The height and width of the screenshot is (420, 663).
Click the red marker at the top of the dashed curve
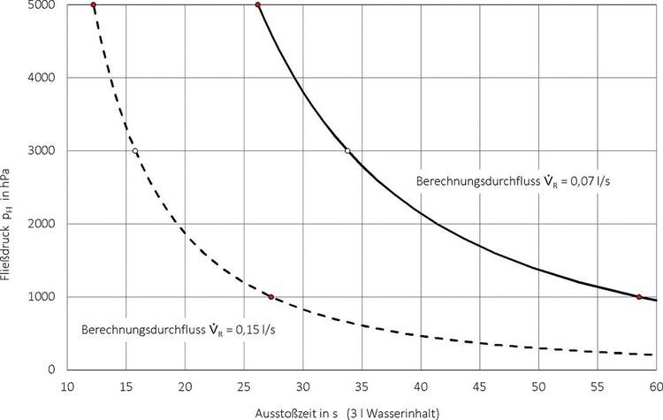coord(94,5)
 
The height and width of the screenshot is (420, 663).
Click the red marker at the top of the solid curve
coord(257,5)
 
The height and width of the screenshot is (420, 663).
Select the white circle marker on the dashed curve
coord(135,151)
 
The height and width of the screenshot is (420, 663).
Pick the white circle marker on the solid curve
coord(347,151)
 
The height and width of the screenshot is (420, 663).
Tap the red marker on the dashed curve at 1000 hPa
coord(271,297)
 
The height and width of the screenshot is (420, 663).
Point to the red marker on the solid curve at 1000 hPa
coord(638,297)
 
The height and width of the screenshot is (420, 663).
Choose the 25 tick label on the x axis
coord(244,386)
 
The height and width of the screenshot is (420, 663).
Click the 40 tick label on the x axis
coord(421,386)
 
